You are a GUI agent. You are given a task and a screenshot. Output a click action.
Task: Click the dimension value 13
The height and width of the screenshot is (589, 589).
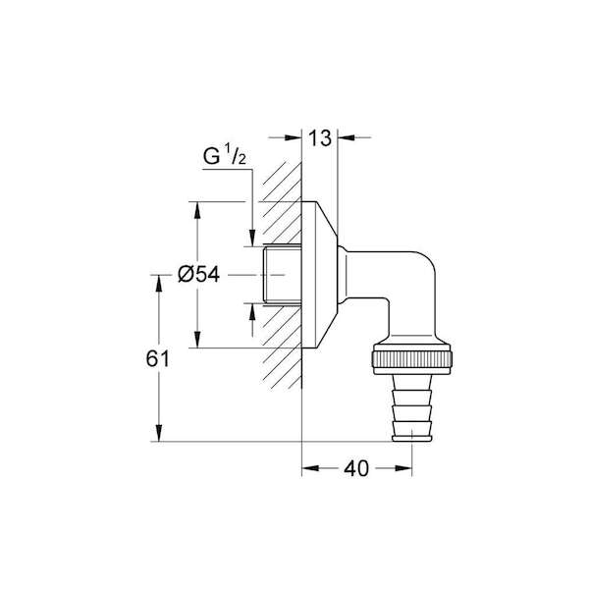[320, 137]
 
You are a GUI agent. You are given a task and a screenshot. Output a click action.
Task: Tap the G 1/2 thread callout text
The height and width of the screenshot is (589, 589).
[225, 156]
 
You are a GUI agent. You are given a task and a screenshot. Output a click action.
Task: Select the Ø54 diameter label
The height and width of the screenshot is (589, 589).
[198, 275]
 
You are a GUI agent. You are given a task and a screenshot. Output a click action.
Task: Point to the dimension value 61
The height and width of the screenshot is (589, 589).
[158, 358]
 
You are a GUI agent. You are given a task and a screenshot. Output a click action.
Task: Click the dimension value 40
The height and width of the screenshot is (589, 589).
[357, 468]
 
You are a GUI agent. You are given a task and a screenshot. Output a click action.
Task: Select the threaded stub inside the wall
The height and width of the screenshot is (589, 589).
[282, 274]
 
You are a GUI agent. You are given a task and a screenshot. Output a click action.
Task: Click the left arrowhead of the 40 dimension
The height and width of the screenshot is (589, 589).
[310, 468]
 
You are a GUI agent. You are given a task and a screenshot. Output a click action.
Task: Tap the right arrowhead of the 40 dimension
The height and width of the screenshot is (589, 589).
[403, 468]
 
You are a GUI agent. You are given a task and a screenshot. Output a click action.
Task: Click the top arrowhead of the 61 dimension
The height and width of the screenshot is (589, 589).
[159, 284]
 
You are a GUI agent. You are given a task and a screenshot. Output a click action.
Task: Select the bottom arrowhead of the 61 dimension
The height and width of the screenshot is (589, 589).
[159, 433]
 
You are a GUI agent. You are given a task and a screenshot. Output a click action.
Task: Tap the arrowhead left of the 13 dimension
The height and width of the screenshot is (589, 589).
[294, 137]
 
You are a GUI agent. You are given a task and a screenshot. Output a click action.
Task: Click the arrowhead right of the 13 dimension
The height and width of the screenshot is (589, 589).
[346, 137]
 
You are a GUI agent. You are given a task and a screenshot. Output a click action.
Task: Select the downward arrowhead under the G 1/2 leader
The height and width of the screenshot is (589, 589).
[252, 238]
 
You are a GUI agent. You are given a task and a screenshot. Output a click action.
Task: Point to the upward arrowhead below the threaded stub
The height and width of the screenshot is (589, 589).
[252, 311]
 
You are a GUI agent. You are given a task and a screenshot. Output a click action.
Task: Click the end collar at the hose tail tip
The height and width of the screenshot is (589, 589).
[412, 438]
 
